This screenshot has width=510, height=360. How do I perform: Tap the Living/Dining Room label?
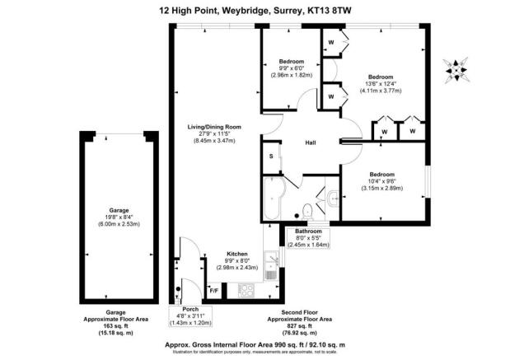tap(214, 127)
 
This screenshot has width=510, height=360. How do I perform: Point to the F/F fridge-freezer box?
tap(214, 291)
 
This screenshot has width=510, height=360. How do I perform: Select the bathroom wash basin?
tap(331, 198)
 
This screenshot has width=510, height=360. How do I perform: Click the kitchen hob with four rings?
tap(246, 290)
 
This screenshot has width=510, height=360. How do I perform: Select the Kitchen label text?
tap(237, 254)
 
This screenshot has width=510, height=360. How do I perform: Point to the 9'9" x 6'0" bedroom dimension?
tap(292, 69)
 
